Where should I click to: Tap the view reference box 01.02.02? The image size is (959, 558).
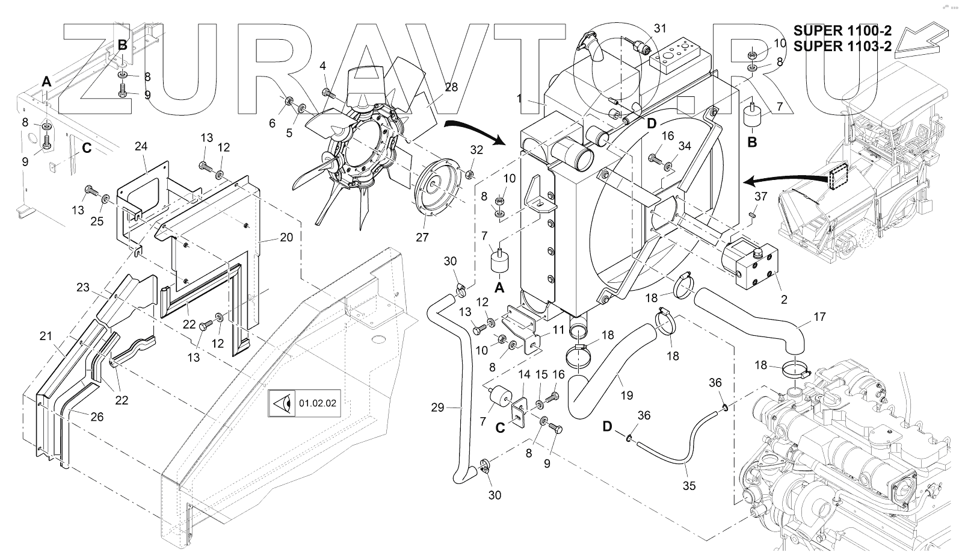(x=305, y=403)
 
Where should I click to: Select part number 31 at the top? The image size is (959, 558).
(x=661, y=29)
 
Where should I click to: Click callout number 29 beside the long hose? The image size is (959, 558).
(x=437, y=408)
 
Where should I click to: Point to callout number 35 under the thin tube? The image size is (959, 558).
(x=689, y=485)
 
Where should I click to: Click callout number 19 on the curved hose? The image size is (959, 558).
(x=627, y=395)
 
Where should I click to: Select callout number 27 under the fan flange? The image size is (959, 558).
(x=422, y=237)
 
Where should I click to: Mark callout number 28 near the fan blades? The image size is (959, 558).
(x=451, y=87)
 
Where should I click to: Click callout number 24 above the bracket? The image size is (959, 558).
(x=141, y=146)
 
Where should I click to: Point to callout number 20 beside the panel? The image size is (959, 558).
(x=286, y=237)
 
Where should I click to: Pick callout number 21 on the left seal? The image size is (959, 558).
(x=46, y=336)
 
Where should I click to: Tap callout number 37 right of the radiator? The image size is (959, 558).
(x=760, y=197)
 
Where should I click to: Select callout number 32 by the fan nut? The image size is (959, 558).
(x=476, y=150)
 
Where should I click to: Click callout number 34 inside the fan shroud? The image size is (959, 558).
(x=685, y=146)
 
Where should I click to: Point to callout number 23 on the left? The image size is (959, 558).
(x=82, y=288)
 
